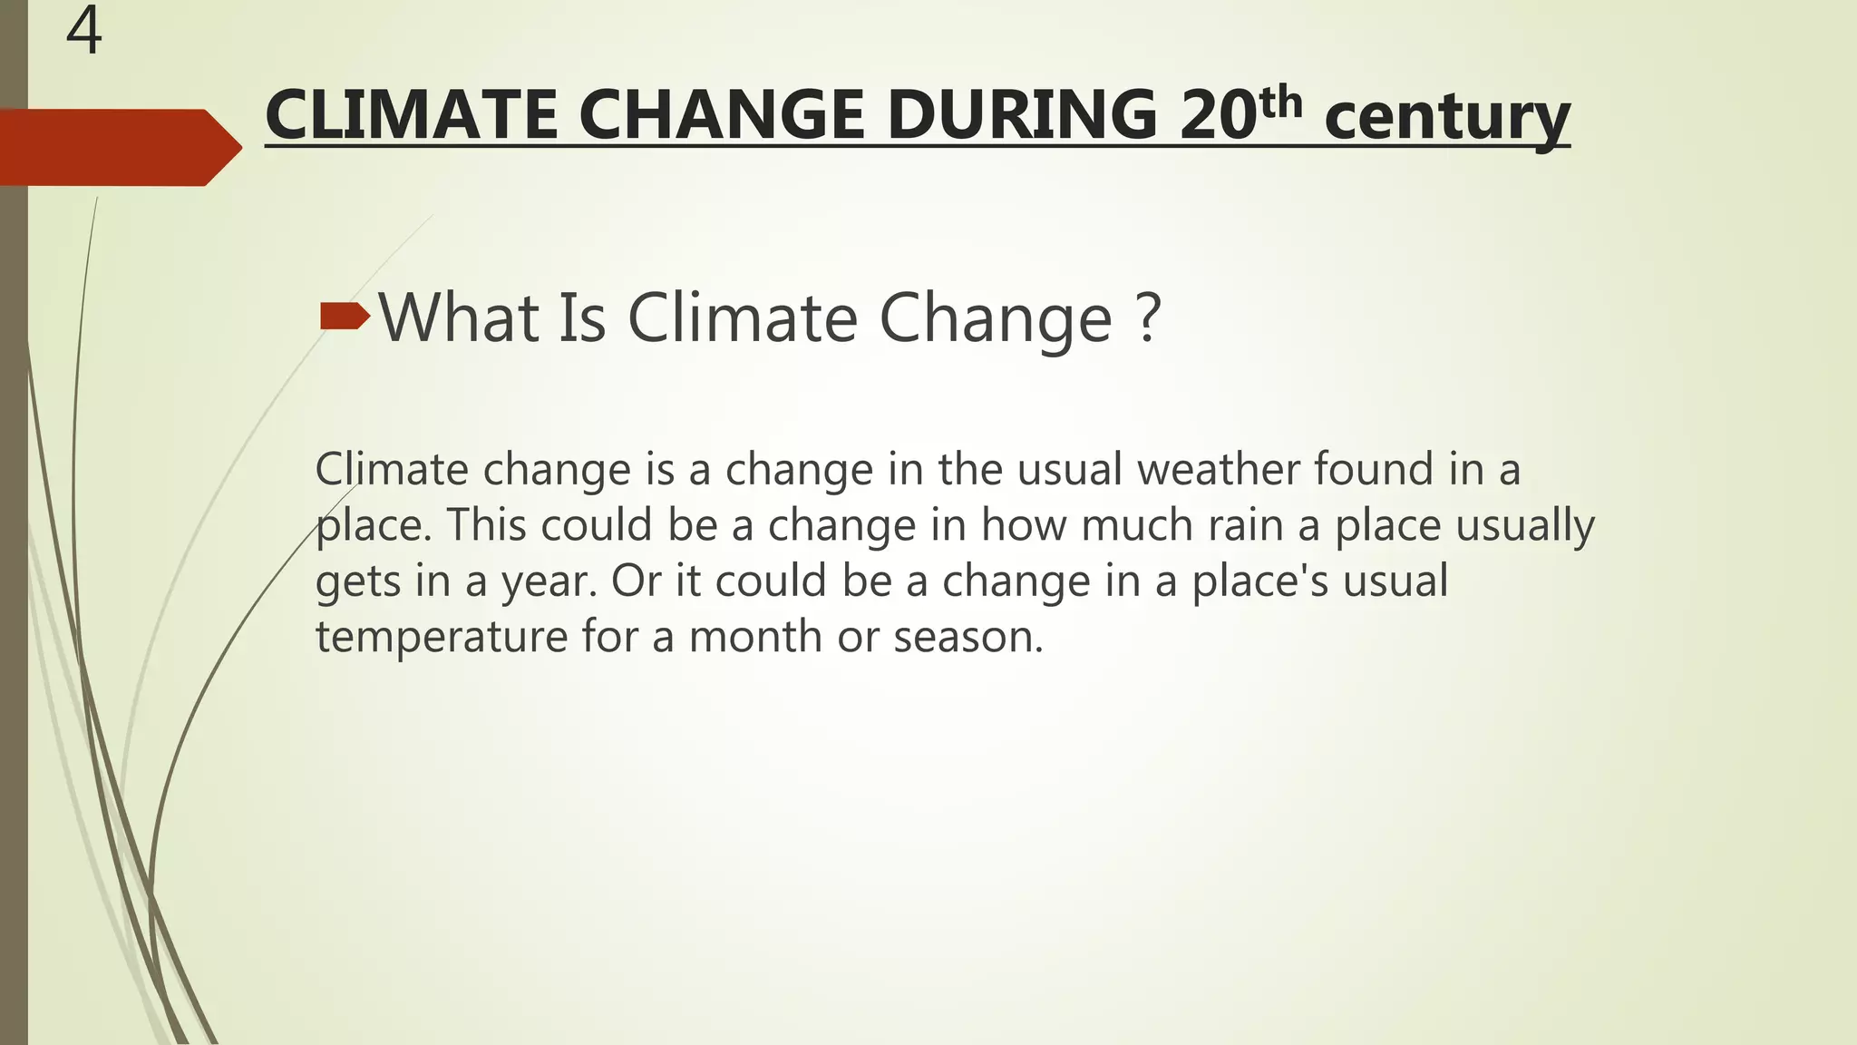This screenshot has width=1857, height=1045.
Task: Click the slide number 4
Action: (x=83, y=31)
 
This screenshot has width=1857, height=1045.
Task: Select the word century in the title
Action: (x=1446, y=118)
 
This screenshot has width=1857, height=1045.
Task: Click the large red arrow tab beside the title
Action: (x=118, y=147)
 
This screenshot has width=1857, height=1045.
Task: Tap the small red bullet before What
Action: (x=345, y=317)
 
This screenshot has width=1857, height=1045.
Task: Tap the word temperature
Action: (x=441, y=637)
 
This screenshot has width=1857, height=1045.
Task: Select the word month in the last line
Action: (x=755, y=637)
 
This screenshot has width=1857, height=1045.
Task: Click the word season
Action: (x=967, y=637)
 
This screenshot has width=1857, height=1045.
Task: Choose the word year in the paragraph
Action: (x=549, y=581)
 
